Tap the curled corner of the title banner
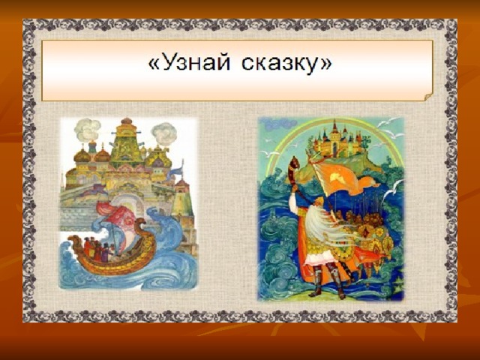coord(428,97)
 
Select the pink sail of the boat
coord(117,220)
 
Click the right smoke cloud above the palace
coord(164,134)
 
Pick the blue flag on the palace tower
coord(175,171)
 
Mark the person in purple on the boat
coord(105,253)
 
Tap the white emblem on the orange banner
coord(337,176)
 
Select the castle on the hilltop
coord(337,140)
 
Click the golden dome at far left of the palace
coord(82,156)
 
